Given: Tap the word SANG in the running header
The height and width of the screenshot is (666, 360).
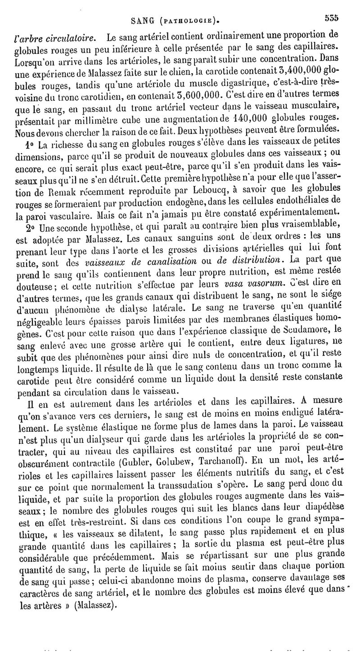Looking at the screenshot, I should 140,20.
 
